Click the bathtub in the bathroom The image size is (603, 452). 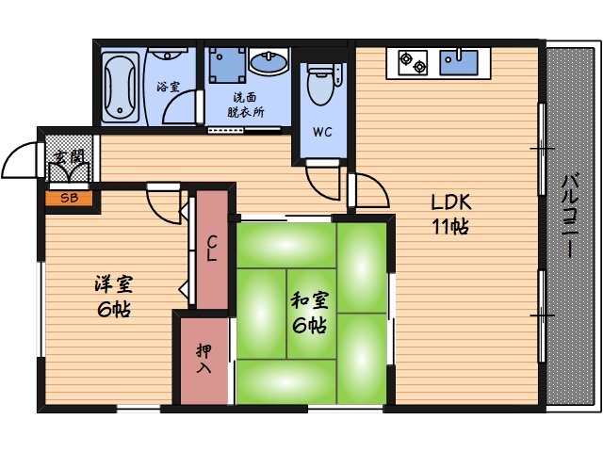(121, 87)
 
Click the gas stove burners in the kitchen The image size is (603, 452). (413, 63)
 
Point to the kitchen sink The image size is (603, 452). (462, 62)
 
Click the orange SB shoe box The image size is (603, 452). (69, 198)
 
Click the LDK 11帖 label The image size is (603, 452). (450, 215)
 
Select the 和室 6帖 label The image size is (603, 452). (308, 314)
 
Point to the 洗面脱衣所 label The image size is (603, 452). (245, 104)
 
